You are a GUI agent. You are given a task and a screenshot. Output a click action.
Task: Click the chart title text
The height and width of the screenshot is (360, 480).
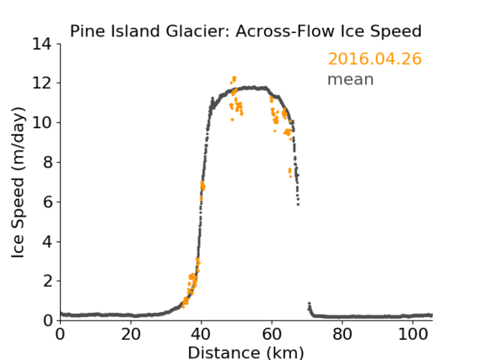tap(245, 31)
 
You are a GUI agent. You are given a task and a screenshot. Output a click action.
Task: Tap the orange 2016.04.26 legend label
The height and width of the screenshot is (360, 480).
tap(375, 59)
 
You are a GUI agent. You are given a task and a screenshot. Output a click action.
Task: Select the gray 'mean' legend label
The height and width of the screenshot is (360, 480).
tap(351, 79)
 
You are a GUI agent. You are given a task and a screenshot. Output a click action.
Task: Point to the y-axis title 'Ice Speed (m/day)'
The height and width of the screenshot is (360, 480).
tap(18, 182)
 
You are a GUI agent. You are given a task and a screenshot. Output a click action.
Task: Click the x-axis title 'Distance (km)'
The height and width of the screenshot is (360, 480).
tap(245, 352)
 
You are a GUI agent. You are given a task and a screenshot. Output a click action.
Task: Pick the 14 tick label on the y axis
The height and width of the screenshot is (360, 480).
tap(41, 44)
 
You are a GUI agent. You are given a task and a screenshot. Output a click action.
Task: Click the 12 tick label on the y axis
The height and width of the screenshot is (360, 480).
tap(41, 83)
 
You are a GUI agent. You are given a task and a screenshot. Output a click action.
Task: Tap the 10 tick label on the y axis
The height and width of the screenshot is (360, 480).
tap(41, 122)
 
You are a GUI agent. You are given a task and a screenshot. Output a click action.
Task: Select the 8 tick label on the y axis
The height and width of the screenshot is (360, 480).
tap(47, 163)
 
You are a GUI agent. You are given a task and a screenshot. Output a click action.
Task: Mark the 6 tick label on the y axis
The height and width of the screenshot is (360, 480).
tap(47, 202)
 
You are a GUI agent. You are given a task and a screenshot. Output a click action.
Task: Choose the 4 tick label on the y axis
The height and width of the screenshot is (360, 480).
tap(47, 242)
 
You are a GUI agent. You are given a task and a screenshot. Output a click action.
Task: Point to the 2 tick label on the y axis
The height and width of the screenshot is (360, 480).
tap(47, 281)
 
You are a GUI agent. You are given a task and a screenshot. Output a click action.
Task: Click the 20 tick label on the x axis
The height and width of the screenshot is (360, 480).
tap(131, 335)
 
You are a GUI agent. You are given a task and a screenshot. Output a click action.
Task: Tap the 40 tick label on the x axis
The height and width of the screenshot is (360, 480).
tap(201, 335)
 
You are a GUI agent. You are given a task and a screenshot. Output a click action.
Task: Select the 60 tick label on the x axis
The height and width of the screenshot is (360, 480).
tap(272, 335)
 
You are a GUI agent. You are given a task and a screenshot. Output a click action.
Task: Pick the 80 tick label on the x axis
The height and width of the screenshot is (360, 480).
tap(342, 335)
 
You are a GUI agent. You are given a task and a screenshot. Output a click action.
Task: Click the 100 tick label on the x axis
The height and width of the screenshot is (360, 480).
tap(413, 335)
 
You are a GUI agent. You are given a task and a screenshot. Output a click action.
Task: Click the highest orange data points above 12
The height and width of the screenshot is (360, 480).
tap(235, 79)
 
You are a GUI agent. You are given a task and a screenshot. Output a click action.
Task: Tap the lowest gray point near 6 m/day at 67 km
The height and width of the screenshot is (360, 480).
tap(298, 204)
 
